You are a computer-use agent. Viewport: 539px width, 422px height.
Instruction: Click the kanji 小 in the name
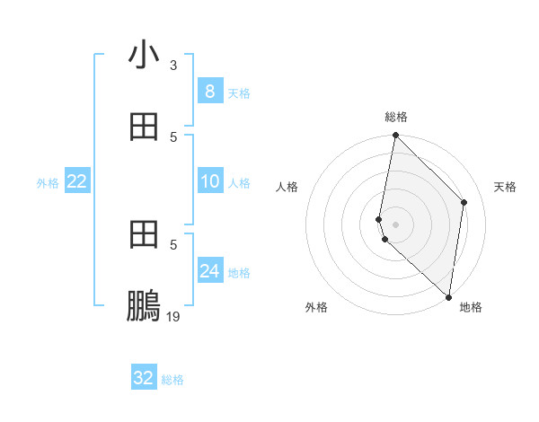coord(144,56)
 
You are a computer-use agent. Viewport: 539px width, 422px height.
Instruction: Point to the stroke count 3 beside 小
coord(173,66)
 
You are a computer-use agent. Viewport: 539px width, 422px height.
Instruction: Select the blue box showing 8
coord(209,91)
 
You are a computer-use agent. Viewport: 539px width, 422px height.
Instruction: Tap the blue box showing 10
coord(209,181)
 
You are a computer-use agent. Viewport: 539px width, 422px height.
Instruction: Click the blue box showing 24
coord(209,270)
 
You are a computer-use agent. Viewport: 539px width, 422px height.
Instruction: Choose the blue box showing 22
coord(77,181)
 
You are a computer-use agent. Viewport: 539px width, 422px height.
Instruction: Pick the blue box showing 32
coord(144,378)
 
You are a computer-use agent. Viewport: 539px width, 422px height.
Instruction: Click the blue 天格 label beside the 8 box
coord(239,93)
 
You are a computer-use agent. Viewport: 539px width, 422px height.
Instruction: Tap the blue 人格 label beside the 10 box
coord(239,183)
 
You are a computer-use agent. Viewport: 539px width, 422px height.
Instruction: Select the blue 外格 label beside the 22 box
coord(48,183)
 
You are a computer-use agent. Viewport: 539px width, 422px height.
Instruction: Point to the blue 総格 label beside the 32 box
coord(172,381)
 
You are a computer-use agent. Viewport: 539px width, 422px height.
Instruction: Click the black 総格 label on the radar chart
coord(396,117)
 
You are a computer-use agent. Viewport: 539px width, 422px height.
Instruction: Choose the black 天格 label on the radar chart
coord(506,187)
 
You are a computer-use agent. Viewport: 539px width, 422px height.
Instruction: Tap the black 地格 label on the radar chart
coord(471,307)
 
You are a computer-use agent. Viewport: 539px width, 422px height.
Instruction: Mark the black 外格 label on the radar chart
coord(316,307)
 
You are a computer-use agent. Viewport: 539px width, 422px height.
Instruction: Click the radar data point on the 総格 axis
coord(395,135)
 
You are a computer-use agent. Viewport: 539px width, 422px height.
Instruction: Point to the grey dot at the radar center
coord(395,224)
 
